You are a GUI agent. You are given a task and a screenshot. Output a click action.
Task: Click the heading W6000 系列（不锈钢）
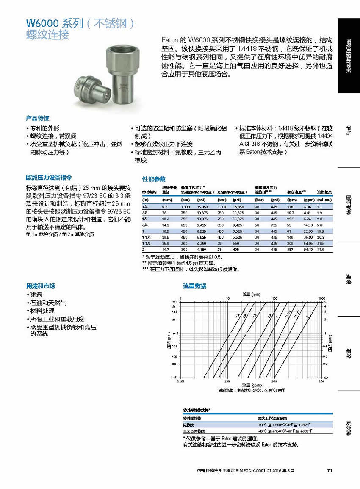pos(80,23)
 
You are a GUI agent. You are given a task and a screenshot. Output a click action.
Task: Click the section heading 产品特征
pos(38,118)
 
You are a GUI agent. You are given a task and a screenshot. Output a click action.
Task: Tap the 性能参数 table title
pos(153,179)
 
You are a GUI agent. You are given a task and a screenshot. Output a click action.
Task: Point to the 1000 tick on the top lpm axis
pos(321,299)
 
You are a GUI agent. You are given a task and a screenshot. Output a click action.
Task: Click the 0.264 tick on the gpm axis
pos(181,381)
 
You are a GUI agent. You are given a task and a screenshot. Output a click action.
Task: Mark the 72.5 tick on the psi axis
pos(174,302)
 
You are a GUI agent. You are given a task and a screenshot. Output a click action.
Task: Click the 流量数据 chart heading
pos(194,286)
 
